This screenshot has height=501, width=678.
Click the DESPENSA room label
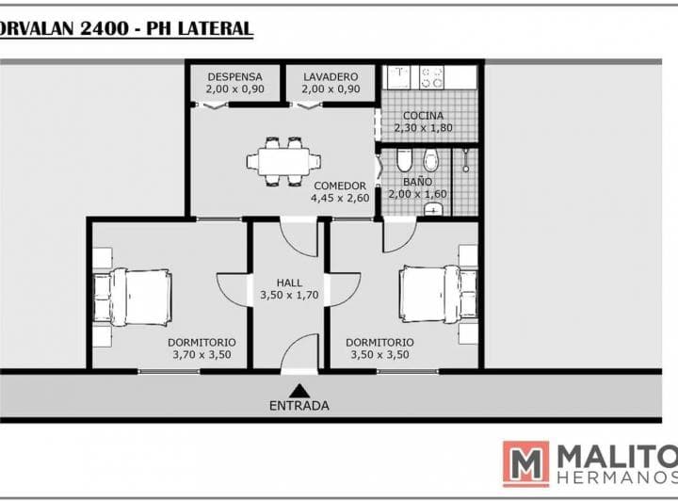pos(234,77)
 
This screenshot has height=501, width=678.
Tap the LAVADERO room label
pos(331,77)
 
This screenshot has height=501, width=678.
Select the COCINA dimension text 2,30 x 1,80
pos(424,128)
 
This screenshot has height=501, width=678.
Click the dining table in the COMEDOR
pos(283,162)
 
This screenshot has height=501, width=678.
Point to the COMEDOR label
pos(340,186)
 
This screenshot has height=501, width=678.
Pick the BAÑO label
pos(417,182)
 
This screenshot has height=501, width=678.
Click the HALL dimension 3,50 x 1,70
pos(289,295)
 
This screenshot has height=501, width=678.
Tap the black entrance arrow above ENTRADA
pos(299,391)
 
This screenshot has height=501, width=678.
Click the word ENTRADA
pos(299,406)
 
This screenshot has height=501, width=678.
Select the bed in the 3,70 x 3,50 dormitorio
pos(133,297)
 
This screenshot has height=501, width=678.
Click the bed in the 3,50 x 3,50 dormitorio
pos(438,294)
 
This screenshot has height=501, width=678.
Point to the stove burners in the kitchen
pos(432,77)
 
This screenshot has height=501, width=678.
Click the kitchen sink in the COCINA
pos(398,77)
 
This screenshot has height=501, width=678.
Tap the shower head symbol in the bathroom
pos(466,160)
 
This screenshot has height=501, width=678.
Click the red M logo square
pos(525,464)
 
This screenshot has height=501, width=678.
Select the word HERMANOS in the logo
pos(618,477)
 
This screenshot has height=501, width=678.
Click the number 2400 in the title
pos(105,29)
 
